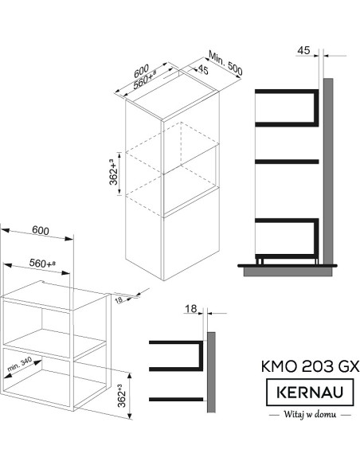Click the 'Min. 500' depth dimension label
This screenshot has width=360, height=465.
(x=225, y=63)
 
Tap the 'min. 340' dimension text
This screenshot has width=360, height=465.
(x=20, y=364)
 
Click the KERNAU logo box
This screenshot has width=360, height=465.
(x=310, y=392)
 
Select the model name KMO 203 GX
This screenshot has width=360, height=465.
(x=310, y=366)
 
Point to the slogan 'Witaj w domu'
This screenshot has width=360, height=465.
(x=310, y=414)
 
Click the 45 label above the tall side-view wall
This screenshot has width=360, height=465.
(x=303, y=50)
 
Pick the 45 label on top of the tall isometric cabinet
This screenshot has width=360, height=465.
(x=203, y=70)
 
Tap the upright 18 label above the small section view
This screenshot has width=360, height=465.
(x=190, y=309)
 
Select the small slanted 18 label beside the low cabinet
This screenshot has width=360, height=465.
(x=119, y=300)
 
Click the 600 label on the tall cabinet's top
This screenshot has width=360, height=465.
(x=141, y=71)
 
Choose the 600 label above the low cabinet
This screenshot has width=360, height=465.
(x=41, y=230)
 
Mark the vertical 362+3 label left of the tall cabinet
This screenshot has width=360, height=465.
(x=114, y=172)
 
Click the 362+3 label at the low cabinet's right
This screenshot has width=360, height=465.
(x=123, y=396)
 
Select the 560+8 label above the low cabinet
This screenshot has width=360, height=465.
(x=42, y=263)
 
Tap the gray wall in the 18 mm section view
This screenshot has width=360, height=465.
(x=211, y=372)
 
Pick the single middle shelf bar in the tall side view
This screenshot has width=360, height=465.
(x=287, y=162)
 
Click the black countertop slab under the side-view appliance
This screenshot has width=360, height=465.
(x=288, y=266)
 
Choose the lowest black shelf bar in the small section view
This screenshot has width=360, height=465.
(x=176, y=399)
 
